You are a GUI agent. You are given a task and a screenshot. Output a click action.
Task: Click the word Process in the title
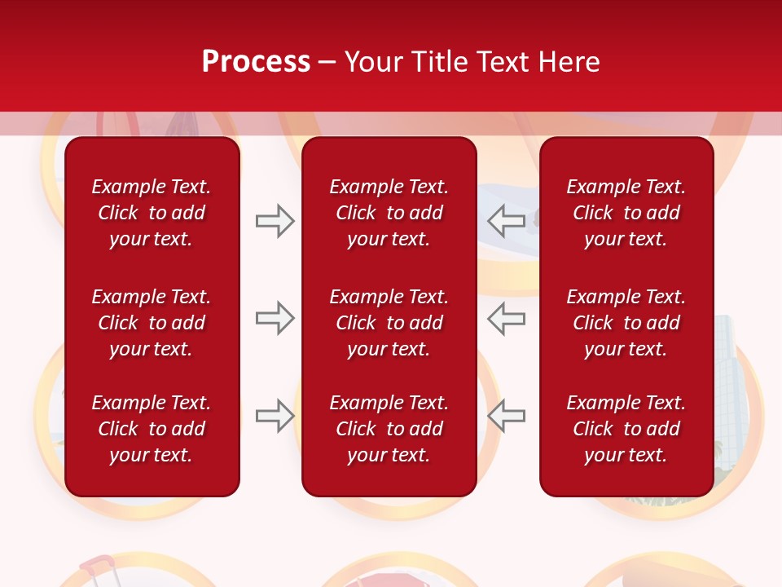click(x=256, y=62)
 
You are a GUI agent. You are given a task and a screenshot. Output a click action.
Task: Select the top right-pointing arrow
click(x=275, y=220)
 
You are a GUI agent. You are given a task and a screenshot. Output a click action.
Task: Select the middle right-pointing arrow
click(x=275, y=318)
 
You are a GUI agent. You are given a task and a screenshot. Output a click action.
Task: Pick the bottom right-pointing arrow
click(x=275, y=416)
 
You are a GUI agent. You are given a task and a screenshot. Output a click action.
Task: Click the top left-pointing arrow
click(x=507, y=220)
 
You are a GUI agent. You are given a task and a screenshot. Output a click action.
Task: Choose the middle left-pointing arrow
click(x=507, y=318)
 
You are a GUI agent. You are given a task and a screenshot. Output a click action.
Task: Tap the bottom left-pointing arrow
click(x=507, y=416)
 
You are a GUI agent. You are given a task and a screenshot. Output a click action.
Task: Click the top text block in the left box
click(x=152, y=213)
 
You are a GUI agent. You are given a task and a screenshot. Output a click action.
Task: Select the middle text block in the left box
click(x=152, y=323)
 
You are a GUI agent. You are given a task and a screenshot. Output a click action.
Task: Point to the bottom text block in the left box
click(x=152, y=429)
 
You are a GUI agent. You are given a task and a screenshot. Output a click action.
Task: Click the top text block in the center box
click(x=389, y=213)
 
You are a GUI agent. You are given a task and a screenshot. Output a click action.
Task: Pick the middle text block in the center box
click(x=389, y=323)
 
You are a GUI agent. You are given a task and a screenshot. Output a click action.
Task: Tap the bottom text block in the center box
click(x=389, y=429)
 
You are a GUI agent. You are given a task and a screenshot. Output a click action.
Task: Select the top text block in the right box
click(x=626, y=213)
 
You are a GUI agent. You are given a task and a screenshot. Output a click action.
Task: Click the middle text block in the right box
click(x=626, y=323)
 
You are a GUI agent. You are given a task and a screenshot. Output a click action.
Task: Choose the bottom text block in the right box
click(x=626, y=429)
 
